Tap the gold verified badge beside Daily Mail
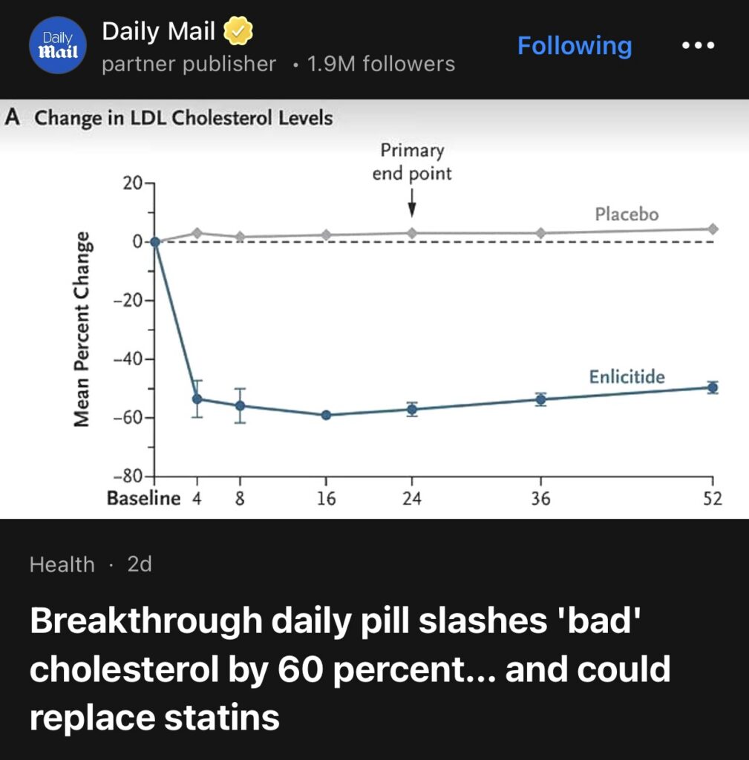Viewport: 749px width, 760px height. [x=238, y=32]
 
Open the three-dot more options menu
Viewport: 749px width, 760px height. [x=698, y=46]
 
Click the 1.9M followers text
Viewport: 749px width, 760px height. [x=381, y=65]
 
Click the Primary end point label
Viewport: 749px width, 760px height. [x=412, y=162]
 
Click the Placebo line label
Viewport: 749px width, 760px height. [x=626, y=214]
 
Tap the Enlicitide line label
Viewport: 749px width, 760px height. [x=627, y=377]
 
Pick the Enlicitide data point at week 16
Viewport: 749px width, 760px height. [x=325, y=415]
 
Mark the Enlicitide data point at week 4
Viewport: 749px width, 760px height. [x=197, y=399]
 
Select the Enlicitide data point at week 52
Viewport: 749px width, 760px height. [x=713, y=387]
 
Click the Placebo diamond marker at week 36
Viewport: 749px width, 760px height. [x=540, y=233]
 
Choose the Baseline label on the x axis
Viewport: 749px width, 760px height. [x=143, y=499]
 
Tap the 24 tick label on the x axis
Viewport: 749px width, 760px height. [x=412, y=499]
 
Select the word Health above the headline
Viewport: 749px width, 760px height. [x=62, y=565]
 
